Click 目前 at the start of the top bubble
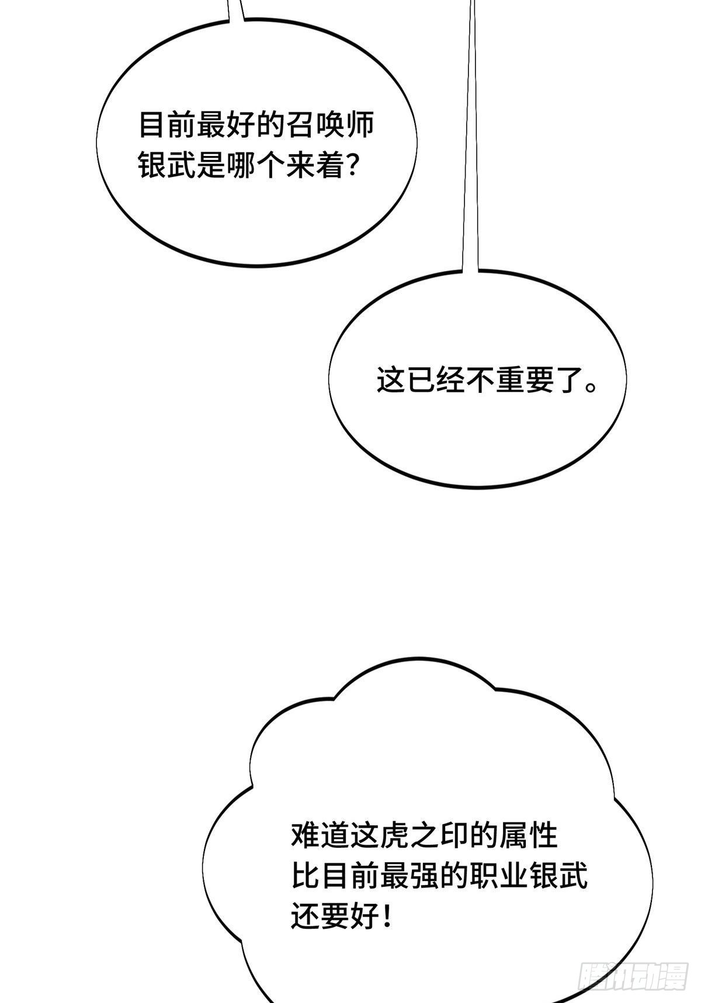click(x=168, y=125)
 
